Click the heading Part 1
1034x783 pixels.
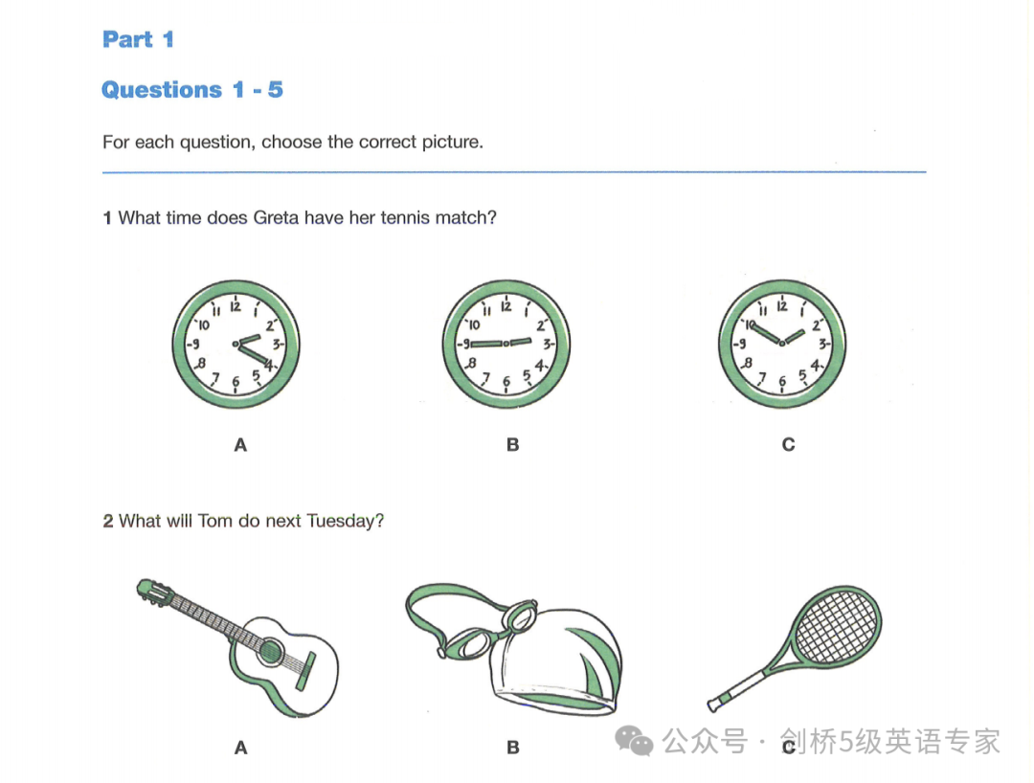click(138, 39)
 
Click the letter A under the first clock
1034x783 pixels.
click(240, 445)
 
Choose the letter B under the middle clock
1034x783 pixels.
click(513, 445)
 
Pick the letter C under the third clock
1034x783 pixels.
click(788, 445)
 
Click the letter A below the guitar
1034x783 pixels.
click(240, 748)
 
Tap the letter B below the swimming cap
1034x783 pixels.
click(513, 748)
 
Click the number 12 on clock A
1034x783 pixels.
click(236, 306)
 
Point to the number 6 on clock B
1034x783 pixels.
click(506, 382)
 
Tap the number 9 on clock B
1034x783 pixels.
click(466, 344)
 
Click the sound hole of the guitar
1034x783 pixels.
click(270, 652)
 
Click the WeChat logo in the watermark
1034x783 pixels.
click(634, 742)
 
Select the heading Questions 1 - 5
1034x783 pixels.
click(191, 90)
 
